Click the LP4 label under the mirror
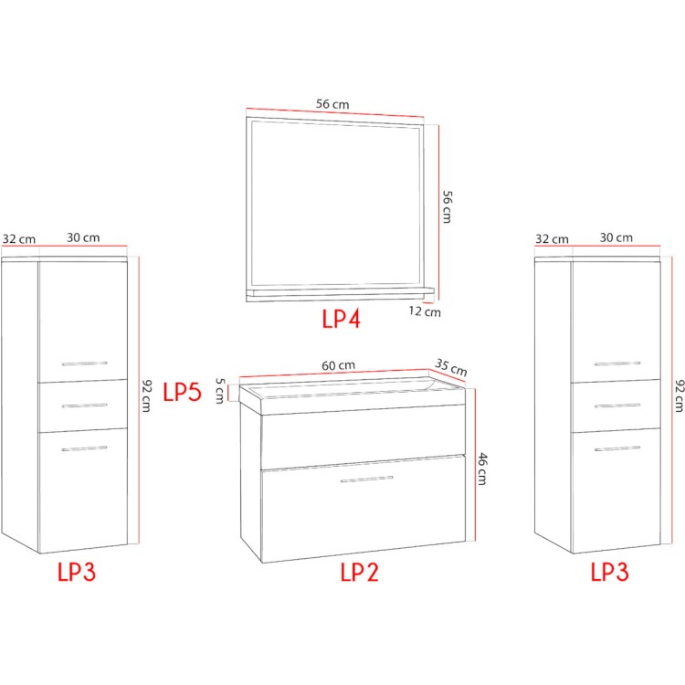pyautogui.click(x=342, y=319)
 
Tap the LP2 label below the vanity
pyautogui.click(x=359, y=572)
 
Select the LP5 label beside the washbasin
pyautogui.click(x=182, y=392)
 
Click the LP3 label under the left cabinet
pyautogui.click(x=77, y=572)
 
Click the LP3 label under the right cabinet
pyautogui.click(x=609, y=572)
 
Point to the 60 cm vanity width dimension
pyautogui.click(x=339, y=365)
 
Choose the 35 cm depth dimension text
pyautogui.click(x=451, y=367)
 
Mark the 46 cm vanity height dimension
pyautogui.click(x=481, y=469)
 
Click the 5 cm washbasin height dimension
pyautogui.click(x=220, y=391)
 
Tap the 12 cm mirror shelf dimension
pyautogui.click(x=425, y=311)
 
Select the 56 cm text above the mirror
pyautogui.click(x=332, y=104)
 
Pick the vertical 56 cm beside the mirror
pyautogui.click(x=447, y=206)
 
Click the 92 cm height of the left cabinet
pyautogui.click(x=147, y=395)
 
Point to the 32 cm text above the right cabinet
pyautogui.click(x=552, y=239)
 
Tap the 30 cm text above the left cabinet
pyautogui.click(x=83, y=237)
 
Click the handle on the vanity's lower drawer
pyautogui.click(x=367, y=479)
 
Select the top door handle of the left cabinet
pyautogui.click(x=84, y=364)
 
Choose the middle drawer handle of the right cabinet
pyautogui.click(x=617, y=406)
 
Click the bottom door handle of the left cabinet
pyautogui.click(x=84, y=448)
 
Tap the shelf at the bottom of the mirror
pyautogui.click(x=340, y=294)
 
